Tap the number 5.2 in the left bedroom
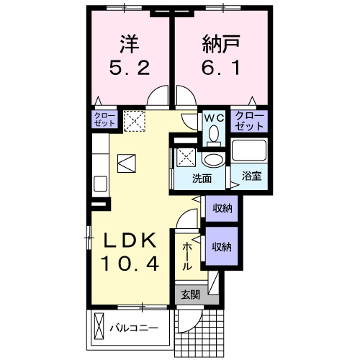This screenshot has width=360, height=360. click(x=130, y=71)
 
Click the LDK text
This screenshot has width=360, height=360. click(x=129, y=240)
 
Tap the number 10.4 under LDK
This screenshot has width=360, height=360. click(x=129, y=265)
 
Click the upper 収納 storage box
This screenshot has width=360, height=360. click(x=222, y=209)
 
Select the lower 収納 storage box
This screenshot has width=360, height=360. click(x=222, y=247)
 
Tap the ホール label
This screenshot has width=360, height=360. click(x=187, y=256)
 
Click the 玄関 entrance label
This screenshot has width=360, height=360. click(x=190, y=294)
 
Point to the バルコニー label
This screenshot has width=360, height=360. click(x=134, y=328)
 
